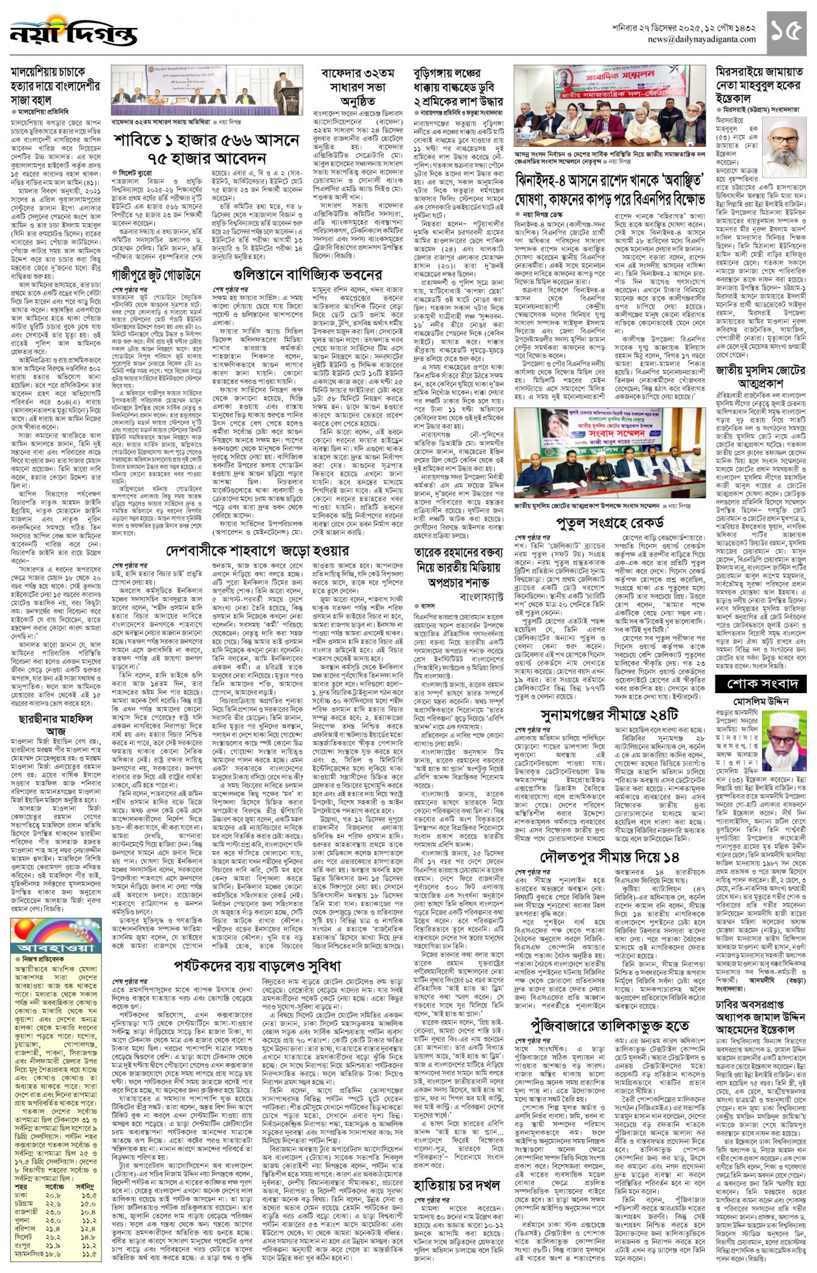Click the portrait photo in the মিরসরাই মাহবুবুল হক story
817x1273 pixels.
tap(784, 147)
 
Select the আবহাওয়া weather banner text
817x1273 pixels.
tap(56, 948)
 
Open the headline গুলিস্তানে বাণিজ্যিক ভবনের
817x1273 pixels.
tap(307, 275)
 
